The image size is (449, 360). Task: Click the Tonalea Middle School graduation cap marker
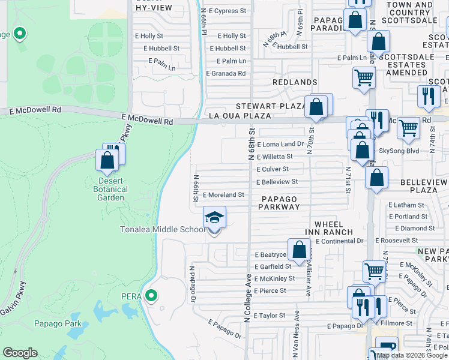(x=214, y=218)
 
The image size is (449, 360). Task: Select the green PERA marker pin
(x=152, y=295)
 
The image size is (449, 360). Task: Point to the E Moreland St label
(x=223, y=195)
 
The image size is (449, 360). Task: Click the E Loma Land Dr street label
(x=280, y=145)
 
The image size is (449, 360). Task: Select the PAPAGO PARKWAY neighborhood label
(x=280, y=202)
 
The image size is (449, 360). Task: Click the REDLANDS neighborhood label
(x=295, y=82)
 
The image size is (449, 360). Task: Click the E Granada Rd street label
(x=226, y=73)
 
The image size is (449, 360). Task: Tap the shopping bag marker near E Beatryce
(x=299, y=250)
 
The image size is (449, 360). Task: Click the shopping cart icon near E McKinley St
(x=374, y=271)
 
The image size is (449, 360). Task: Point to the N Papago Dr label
(x=193, y=284)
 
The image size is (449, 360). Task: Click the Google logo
(x=20, y=353)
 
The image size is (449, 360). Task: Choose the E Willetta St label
(x=274, y=157)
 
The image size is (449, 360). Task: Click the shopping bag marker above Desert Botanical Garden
(x=107, y=160)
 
